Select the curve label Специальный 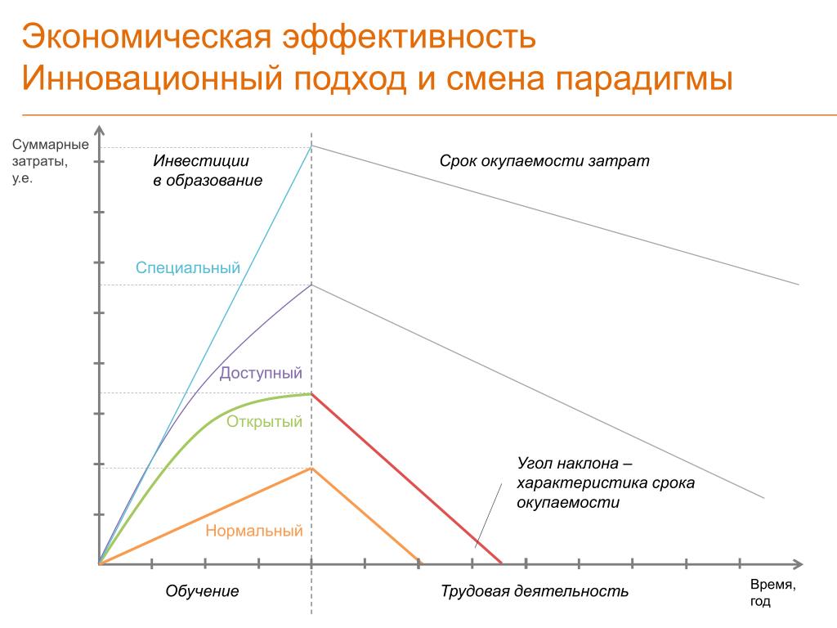coord(188,267)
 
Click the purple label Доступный coord(261,373)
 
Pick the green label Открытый coord(264,422)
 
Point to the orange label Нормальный coord(254,531)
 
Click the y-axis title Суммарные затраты coord(50,161)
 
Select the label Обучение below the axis coord(202,591)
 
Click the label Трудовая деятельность coord(535,591)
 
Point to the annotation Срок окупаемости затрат coord(544,161)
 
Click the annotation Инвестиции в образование coord(208,170)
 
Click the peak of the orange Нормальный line coord(311,469)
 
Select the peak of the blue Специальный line coord(311,146)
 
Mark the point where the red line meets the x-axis coord(502,563)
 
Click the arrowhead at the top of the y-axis coord(99,130)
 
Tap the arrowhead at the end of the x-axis coord(799,564)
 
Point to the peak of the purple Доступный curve coord(311,285)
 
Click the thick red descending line coord(407,478)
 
